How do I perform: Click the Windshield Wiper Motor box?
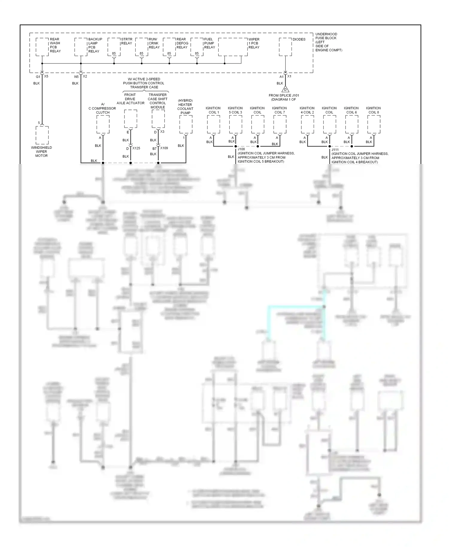[42, 135]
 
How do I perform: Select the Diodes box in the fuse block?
[285, 47]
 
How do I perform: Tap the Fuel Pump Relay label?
[209, 43]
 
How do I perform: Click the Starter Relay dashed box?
[114, 47]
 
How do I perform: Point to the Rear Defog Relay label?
[182, 43]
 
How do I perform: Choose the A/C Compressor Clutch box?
[103, 124]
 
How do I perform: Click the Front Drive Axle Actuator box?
[131, 119]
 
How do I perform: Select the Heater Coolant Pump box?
[186, 124]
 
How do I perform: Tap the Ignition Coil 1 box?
[213, 124]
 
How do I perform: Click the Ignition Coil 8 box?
[374, 124]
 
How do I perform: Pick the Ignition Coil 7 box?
[280, 124]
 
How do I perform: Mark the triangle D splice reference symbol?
[285, 89]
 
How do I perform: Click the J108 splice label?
[241, 149]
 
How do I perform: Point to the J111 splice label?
[335, 150]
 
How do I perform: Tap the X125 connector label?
[136, 148]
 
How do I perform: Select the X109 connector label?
[164, 148]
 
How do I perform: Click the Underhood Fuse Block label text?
[328, 42]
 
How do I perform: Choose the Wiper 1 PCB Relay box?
[233, 47]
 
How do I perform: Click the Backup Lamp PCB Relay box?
[81, 47]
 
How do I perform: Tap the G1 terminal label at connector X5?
[38, 77]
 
